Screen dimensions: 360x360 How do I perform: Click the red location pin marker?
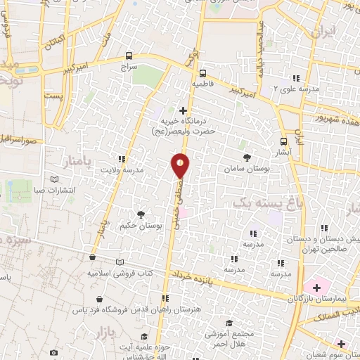tap(181, 166)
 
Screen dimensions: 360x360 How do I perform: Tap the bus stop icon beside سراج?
tap(129, 55)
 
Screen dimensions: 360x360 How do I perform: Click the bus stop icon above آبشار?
tap(284, 140)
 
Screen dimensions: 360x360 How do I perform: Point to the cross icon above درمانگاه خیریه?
tap(184, 110)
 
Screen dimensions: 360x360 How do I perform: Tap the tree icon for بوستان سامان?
tap(246, 157)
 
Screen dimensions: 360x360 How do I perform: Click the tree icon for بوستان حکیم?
tap(141, 214)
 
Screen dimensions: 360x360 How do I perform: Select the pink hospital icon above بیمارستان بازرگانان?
tap(316, 287)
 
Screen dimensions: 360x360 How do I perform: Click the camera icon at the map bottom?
tap(53, 352)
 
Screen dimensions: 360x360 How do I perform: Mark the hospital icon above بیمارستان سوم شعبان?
tap(342, 344)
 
